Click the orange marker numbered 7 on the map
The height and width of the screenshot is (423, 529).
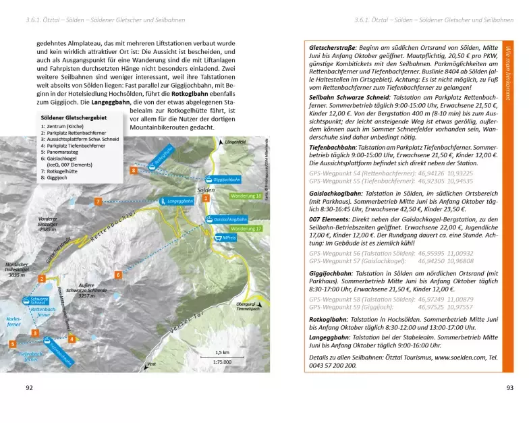tap(98, 201)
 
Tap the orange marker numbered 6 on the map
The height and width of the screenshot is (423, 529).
tap(117, 275)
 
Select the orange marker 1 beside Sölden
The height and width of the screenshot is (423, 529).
tap(206, 199)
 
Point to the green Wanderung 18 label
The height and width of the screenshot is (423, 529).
tap(246, 196)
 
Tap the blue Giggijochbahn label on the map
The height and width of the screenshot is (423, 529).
tap(226, 181)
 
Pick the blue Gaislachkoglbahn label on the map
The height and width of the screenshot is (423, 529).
tap(229, 219)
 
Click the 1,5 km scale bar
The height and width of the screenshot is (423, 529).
tap(221, 358)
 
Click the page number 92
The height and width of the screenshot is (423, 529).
tap(29, 387)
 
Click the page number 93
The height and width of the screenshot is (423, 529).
tap(510, 387)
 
